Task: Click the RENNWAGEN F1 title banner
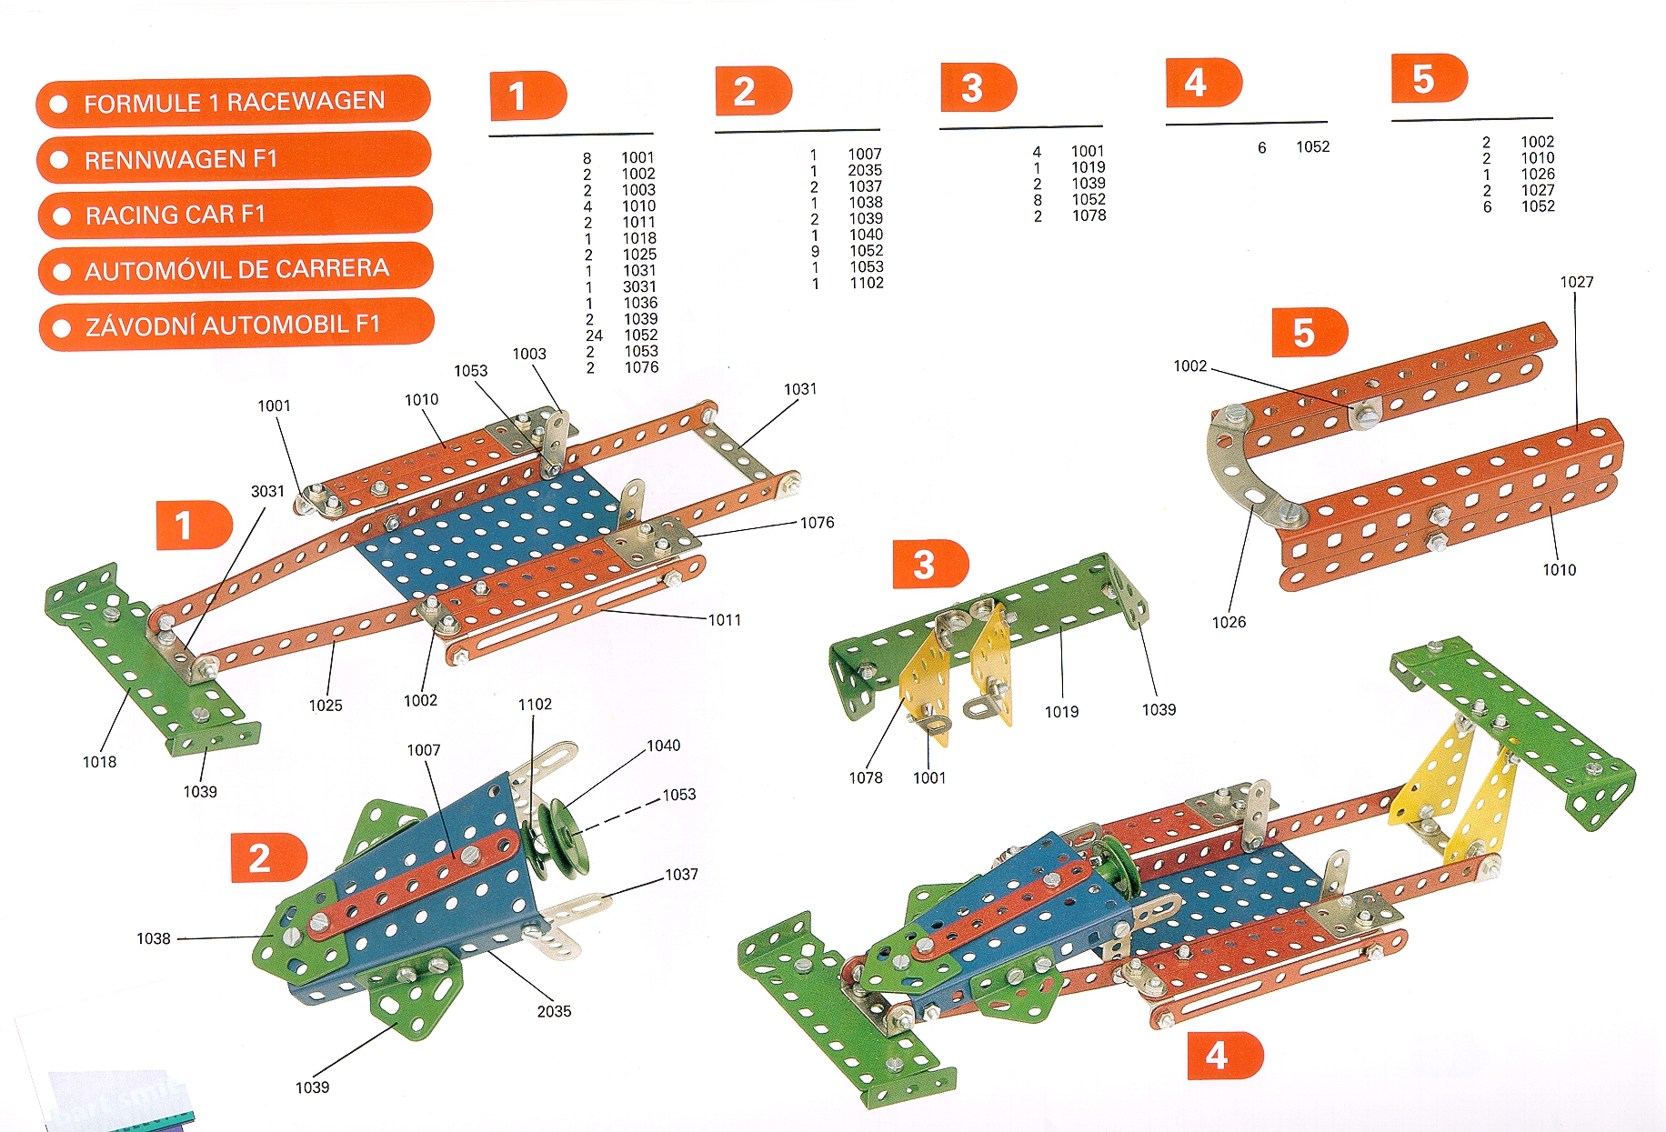tap(233, 158)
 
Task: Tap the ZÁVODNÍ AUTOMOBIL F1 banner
tap(236, 325)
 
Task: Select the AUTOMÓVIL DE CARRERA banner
tap(235, 269)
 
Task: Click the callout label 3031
tap(267, 491)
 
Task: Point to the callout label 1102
tap(535, 704)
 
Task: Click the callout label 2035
tap(554, 1011)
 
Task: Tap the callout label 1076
tap(817, 522)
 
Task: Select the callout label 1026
tap(1229, 622)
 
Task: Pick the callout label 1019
tap(1061, 712)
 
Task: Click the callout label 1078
tap(866, 777)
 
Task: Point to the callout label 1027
tap(1577, 282)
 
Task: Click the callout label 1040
tap(663, 746)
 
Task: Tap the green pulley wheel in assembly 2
tap(559, 837)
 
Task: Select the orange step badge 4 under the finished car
tap(1223, 1056)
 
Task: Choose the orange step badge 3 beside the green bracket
tap(928, 564)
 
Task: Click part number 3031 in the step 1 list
tap(639, 286)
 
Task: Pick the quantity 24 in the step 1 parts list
tap(594, 336)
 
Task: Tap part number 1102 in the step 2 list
tap(867, 283)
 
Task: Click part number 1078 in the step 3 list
tap(1089, 215)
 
